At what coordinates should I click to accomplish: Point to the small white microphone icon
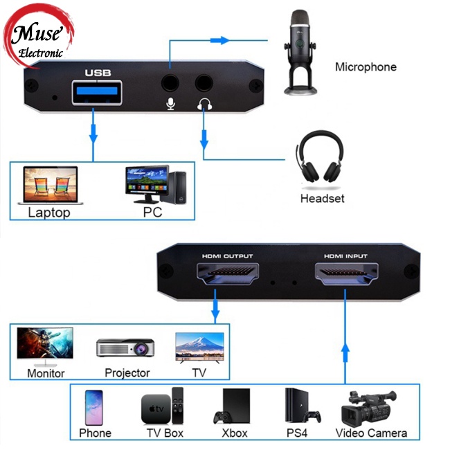pos(170,105)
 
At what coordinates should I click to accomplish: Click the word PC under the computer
pos(152,213)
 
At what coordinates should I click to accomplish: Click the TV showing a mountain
pos(199,346)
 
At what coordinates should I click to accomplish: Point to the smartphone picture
pos(93,406)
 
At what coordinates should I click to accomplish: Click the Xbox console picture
pos(233,406)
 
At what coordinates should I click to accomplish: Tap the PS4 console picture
pos(301,406)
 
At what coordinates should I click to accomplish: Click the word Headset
pos(322,199)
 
